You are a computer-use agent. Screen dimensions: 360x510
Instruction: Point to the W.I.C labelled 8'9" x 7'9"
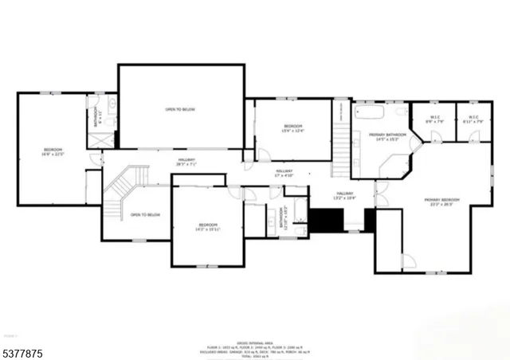pyautogui.click(x=435, y=119)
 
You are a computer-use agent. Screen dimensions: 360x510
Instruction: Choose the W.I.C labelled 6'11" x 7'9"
pyautogui.click(x=473, y=119)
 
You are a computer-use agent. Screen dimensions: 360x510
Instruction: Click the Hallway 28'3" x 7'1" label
pyautogui.click(x=186, y=162)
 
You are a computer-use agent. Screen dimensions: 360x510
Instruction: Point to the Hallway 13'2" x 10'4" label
pyautogui.click(x=344, y=196)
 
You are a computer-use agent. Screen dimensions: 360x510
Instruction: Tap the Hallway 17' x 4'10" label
pyautogui.click(x=284, y=173)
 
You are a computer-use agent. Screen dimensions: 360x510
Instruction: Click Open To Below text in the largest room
pyautogui.click(x=180, y=109)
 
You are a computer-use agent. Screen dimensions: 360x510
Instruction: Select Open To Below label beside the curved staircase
pyautogui.click(x=145, y=215)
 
